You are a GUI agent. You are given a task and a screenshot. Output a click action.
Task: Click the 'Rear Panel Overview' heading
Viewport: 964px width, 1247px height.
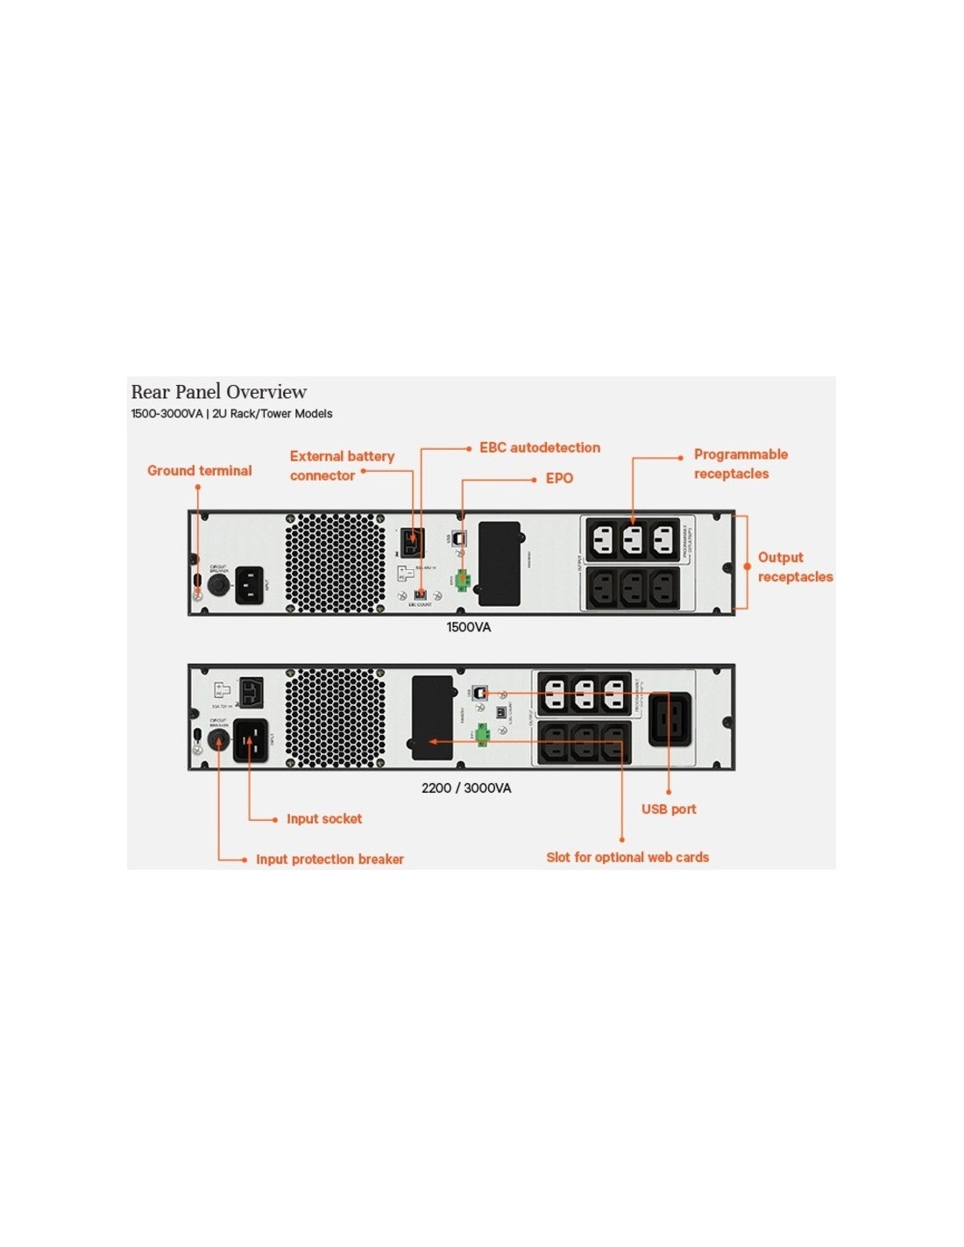coord(218,392)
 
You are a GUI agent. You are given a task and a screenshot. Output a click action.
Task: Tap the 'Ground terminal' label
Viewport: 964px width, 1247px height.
coord(199,471)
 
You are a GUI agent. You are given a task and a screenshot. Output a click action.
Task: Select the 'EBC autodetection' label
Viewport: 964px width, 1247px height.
coord(539,447)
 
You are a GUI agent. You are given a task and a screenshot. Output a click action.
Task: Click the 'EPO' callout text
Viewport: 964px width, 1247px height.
coord(559,478)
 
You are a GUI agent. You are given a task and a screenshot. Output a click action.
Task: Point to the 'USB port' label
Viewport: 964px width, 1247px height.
coord(669,809)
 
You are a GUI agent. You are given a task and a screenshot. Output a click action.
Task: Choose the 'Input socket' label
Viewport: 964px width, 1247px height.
coord(323,819)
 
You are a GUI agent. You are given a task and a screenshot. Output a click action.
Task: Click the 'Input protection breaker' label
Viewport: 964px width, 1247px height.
coord(330,859)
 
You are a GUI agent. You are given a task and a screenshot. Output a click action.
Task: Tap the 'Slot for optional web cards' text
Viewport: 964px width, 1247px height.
coord(627,858)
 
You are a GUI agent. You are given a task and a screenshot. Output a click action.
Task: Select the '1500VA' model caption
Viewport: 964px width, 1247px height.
coord(469,627)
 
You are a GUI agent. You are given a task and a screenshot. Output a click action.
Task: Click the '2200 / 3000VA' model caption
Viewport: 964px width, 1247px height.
coord(466,788)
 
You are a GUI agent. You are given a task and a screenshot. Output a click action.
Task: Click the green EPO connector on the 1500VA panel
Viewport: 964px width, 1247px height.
coord(462,581)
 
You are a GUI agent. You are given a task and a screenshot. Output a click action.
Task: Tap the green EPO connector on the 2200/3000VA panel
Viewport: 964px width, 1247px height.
coord(482,735)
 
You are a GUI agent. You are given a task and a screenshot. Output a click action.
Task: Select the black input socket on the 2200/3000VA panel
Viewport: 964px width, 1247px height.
coord(251,740)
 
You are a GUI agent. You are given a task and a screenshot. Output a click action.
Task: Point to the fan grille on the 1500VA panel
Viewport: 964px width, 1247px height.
coord(335,563)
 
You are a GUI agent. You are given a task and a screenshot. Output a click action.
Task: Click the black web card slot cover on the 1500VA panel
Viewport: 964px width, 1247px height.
coord(500,563)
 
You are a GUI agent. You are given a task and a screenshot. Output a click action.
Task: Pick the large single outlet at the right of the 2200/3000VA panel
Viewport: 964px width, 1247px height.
coord(670,719)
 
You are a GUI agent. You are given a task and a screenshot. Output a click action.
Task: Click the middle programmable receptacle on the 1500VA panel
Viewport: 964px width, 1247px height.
coord(633,540)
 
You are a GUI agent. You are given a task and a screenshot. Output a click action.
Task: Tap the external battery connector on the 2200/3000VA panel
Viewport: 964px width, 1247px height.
coord(252,692)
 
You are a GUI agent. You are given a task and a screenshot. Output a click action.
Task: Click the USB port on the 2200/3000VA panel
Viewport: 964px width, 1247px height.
coord(479,693)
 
